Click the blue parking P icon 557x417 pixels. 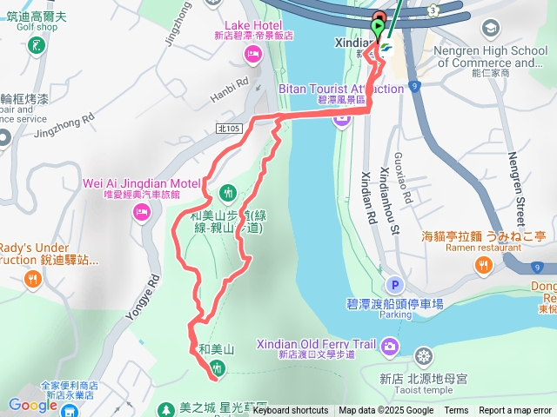[395, 285]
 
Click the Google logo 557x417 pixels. [32, 405]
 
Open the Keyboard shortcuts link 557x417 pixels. [291, 411]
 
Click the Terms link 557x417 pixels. [456, 411]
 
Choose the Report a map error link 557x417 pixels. [515, 411]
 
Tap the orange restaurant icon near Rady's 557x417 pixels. [32, 279]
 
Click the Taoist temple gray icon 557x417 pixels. [424, 356]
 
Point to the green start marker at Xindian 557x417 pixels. [377, 29]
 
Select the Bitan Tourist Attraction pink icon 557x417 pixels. [341, 118]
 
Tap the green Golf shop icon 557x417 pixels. [37, 44]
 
